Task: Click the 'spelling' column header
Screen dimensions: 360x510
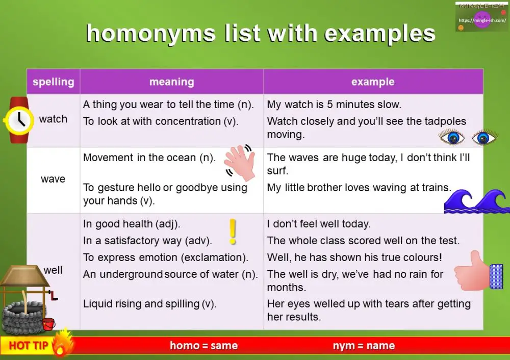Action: tap(53, 82)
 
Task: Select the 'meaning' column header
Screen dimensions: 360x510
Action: tap(171, 82)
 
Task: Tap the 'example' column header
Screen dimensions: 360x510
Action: tap(373, 82)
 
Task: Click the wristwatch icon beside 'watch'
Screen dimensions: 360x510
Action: tap(19, 120)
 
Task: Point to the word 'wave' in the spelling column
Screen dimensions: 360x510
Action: tap(53, 179)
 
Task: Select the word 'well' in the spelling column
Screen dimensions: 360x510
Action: tap(53, 270)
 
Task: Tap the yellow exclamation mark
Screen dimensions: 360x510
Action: tap(233, 232)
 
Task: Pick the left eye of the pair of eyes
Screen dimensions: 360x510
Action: tap(452, 137)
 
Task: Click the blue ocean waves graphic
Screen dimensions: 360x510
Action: tap(476, 201)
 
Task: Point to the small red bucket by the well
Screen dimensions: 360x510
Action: tap(49, 324)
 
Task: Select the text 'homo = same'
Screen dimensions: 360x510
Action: tap(203, 345)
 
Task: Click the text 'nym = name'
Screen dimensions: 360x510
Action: tap(364, 345)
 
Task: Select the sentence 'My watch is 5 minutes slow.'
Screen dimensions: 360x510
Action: tap(334, 105)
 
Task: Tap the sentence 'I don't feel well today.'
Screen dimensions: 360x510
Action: tap(319, 224)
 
